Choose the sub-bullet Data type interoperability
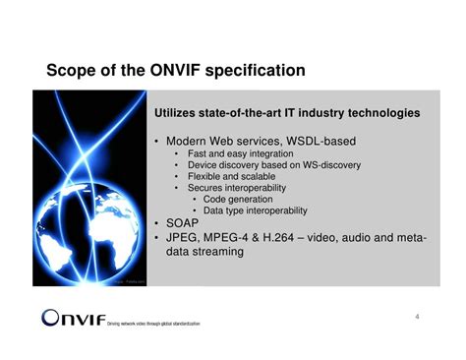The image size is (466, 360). (x=255, y=210)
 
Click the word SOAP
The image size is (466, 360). (x=184, y=223)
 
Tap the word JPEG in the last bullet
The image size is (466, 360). (x=184, y=237)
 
